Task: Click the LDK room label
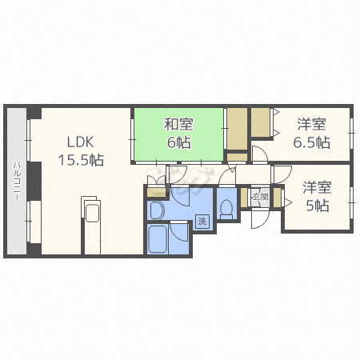pyautogui.click(x=80, y=142)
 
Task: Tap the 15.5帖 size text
pyautogui.click(x=81, y=160)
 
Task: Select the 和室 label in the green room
pyautogui.click(x=178, y=125)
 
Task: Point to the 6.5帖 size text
pyautogui.click(x=312, y=142)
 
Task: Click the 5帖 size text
pyautogui.click(x=317, y=206)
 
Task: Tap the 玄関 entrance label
pyautogui.click(x=260, y=197)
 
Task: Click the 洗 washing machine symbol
pyautogui.click(x=202, y=221)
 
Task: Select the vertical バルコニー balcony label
pyautogui.click(x=17, y=181)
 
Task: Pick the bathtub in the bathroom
pyautogui.click(x=158, y=239)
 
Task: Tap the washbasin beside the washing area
pyautogui.click(x=157, y=210)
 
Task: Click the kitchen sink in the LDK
pyautogui.click(x=93, y=211)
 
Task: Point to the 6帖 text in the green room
pyautogui.click(x=178, y=142)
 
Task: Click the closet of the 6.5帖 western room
pyautogui.click(x=261, y=122)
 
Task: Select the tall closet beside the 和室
pyautogui.click(x=237, y=129)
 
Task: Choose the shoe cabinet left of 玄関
pyautogui.click(x=244, y=198)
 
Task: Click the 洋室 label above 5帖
pyautogui.click(x=317, y=187)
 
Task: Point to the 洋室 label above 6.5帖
pyautogui.click(x=312, y=124)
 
